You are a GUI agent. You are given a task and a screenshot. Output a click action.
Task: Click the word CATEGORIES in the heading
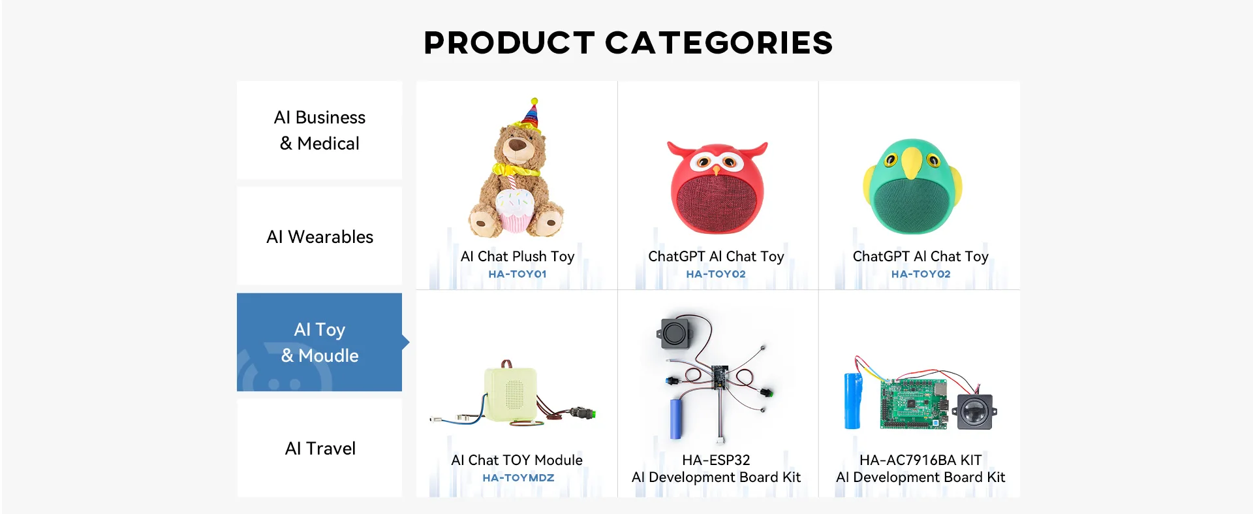pyautogui.click(x=719, y=43)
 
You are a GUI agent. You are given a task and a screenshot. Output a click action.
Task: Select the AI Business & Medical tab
pyautogui.click(x=320, y=130)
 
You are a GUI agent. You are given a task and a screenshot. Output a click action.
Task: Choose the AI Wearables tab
pyautogui.click(x=320, y=236)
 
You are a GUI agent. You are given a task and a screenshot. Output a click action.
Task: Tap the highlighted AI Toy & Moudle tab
pyautogui.click(x=320, y=342)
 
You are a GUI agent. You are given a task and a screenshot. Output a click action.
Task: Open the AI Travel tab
pyautogui.click(x=320, y=448)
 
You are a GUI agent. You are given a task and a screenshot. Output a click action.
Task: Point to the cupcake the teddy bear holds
pyautogui.click(x=516, y=209)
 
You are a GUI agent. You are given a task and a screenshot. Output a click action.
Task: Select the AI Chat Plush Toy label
pyautogui.click(x=518, y=257)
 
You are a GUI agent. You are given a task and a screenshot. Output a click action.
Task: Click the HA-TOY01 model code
pyautogui.click(x=518, y=274)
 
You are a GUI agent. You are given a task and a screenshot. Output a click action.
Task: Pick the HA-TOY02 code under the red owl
pyautogui.click(x=716, y=274)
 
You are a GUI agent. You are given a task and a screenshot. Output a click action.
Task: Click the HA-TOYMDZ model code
pyautogui.click(x=518, y=478)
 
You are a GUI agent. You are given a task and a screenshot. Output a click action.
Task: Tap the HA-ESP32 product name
pyautogui.click(x=716, y=460)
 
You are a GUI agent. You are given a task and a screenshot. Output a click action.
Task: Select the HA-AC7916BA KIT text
pyautogui.click(x=920, y=460)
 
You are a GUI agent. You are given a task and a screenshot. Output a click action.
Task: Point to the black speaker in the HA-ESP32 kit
pyautogui.click(x=675, y=332)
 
